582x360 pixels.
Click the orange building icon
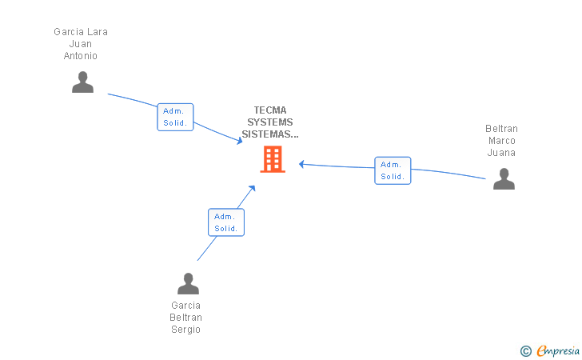click(273, 159)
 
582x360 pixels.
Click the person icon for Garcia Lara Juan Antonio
click(82, 82)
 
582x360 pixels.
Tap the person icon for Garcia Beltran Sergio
click(188, 284)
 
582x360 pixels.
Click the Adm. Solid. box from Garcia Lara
click(175, 117)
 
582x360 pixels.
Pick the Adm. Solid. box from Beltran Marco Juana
click(393, 170)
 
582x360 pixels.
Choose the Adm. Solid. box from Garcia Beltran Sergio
click(226, 222)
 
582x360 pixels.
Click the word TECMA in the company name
click(270, 110)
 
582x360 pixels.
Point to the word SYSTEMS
click(270, 122)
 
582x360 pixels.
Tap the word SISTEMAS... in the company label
click(270, 134)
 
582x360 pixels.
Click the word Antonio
click(81, 56)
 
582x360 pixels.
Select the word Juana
click(502, 153)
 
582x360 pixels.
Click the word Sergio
click(186, 330)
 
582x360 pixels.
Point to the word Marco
click(502, 141)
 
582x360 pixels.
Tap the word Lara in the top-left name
click(97, 32)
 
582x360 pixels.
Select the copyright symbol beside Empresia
click(525, 350)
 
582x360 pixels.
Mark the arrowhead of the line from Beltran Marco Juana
click(302, 164)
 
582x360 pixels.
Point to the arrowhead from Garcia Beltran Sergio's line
click(252, 189)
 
